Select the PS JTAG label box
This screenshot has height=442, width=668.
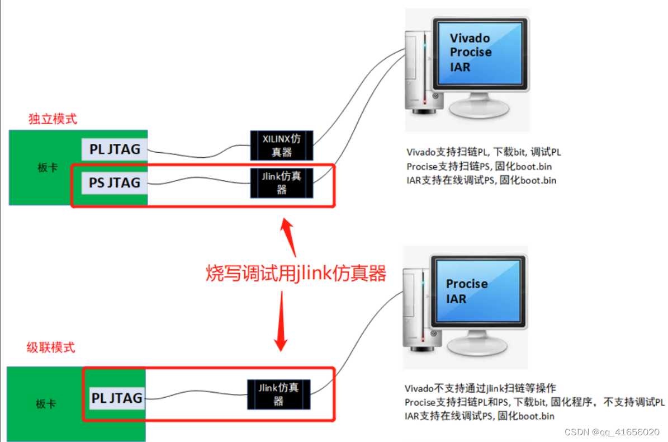115,182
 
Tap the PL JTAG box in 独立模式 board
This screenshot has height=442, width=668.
115,149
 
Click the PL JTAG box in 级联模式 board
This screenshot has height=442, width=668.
116,398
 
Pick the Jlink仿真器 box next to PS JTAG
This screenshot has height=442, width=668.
282,183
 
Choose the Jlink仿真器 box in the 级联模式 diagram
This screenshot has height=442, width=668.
278,394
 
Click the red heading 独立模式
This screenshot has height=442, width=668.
53,119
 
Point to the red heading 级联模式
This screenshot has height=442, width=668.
51,347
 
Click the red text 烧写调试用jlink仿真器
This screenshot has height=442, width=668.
296,274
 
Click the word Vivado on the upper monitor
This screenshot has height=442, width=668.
470,39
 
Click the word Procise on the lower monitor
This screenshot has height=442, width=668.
467,284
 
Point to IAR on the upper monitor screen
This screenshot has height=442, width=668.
460,67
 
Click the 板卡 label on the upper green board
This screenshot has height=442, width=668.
47,167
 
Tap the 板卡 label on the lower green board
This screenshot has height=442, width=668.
46,403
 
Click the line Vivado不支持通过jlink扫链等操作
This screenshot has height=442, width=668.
480,388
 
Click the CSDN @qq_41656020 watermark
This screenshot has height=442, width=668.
612,432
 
